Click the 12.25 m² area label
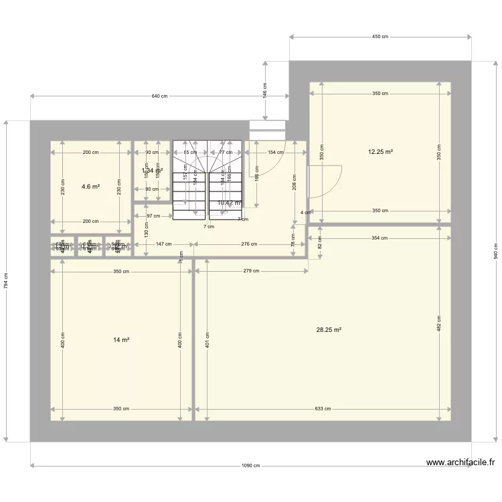pyautogui.click(x=380, y=152)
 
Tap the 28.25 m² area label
pyautogui.click(x=329, y=329)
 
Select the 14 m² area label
pyautogui.click(x=121, y=340)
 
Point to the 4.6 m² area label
pyautogui.click(x=90, y=187)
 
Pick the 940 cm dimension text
pyautogui.click(x=496, y=250)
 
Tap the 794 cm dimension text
pyautogui.click(x=6, y=281)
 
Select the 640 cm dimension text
pyautogui.click(x=159, y=96)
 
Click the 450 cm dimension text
pyautogui.click(x=380, y=37)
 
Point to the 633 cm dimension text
pyautogui.click(x=323, y=409)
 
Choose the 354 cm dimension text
pyautogui.click(x=380, y=238)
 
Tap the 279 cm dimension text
pyautogui.click(x=251, y=271)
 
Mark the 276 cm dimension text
pyautogui.click(x=249, y=244)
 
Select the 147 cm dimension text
pyautogui.click(x=163, y=244)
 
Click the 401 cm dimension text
pyautogui.click(x=207, y=339)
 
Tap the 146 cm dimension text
pyautogui.click(x=266, y=91)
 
